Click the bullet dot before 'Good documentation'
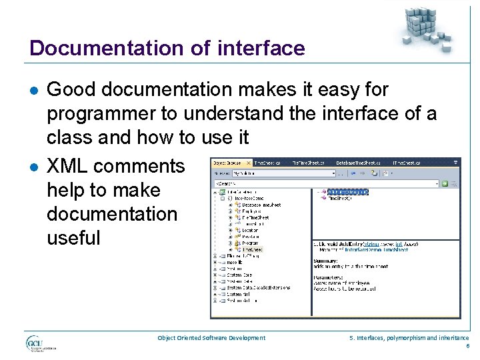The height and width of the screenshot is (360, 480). click(34, 90)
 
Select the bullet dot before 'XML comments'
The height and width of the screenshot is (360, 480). click(34, 167)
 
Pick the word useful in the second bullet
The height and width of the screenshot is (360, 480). click(73, 238)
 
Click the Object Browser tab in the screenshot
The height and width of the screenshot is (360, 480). click(229, 163)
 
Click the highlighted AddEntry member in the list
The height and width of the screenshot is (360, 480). click(347, 192)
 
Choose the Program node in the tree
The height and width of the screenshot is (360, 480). click(251, 243)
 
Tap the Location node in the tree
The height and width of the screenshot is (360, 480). click(249, 231)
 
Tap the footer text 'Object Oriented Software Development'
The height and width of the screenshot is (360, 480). click(211, 338)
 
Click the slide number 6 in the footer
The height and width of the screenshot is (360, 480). click(467, 346)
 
